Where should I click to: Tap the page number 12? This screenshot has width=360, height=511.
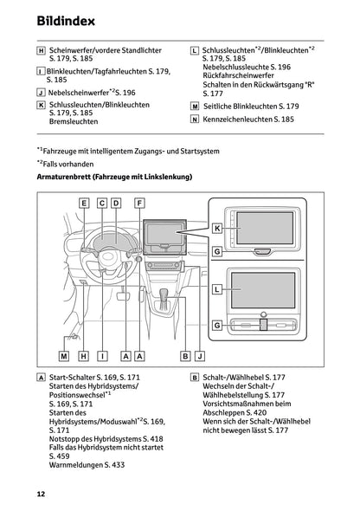click(41, 495)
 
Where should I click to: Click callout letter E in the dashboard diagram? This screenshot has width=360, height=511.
click(84, 203)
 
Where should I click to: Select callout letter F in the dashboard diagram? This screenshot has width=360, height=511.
click(139, 203)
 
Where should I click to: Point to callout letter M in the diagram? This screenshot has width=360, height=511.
click(64, 355)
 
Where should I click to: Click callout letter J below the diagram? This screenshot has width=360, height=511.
click(200, 355)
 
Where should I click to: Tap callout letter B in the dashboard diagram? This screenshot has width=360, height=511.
click(185, 355)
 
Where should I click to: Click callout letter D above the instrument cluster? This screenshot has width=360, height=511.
click(116, 203)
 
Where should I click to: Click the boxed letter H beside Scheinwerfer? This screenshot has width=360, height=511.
click(41, 52)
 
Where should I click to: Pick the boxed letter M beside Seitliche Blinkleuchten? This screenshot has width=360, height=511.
click(195, 104)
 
